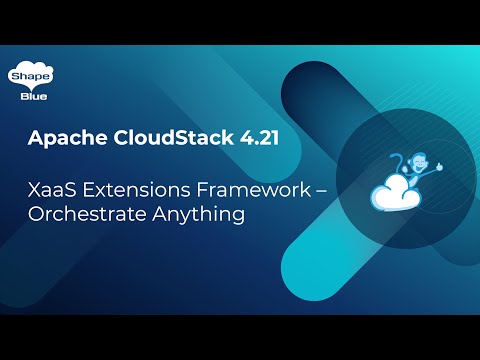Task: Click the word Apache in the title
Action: pos(65,139)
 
